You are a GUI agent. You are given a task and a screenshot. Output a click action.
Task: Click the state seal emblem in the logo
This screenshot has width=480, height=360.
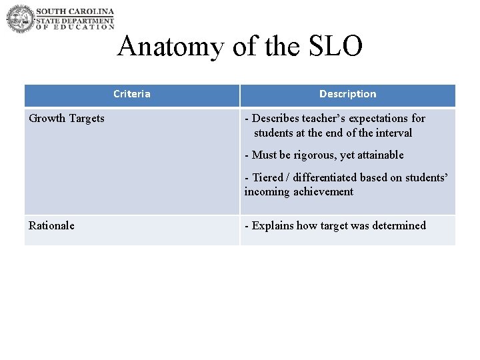click(x=20, y=19)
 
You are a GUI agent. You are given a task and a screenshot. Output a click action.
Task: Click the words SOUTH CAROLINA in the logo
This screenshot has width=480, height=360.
click(x=75, y=11)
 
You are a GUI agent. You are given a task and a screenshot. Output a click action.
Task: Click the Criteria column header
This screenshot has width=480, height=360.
click(x=132, y=94)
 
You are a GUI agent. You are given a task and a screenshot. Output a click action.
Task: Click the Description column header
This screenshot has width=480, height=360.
click(x=347, y=94)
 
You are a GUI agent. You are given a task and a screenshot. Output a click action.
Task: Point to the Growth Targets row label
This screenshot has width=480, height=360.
click(x=67, y=119)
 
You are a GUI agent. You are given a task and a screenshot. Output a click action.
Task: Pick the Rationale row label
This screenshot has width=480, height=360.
click(x=51, y=225)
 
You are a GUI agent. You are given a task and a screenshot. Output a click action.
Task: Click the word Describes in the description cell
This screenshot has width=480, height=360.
click(x=276, y=119)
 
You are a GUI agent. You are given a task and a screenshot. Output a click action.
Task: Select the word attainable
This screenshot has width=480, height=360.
click(x=379, y=155)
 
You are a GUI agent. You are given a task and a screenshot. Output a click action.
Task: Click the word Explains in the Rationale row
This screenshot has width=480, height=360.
click(x=273, y=225)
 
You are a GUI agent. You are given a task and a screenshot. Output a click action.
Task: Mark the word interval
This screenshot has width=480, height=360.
click(x=393, y=133)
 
